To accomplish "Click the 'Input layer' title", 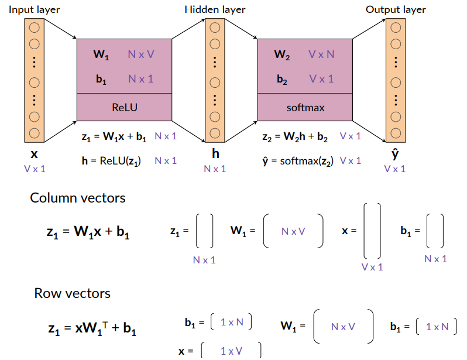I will (x=34, y=9).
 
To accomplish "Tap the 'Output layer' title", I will (x=396, y=9).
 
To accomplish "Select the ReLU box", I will (x=124, y=107).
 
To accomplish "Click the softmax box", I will (x=305, y=107).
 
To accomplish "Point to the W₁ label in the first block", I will (x=101, y=55).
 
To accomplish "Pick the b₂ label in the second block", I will (x=282, y=79).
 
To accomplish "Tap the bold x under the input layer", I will (x=34, y=155).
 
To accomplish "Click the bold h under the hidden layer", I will (x=215, y=155).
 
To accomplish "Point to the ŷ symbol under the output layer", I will (x=396, y=155).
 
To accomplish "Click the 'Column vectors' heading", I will (x=78, y=198).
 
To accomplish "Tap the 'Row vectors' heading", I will (x=72, y=293).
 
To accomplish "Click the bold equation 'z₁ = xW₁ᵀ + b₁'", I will (x=92, y=328).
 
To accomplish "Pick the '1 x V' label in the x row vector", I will (x=232, y=351).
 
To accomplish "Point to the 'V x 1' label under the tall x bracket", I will (x=372, y=267).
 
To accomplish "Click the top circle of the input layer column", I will (x=34, y=27).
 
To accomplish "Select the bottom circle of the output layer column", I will (x=396, y=131).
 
